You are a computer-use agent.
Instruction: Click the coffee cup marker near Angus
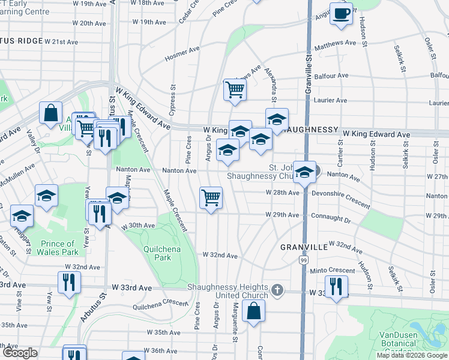(x=342, y=14)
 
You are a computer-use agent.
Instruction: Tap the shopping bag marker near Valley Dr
(x=52, y=112)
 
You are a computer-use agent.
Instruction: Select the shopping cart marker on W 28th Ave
(x=211, y=197)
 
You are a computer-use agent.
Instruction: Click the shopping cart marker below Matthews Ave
(x=235, y=90)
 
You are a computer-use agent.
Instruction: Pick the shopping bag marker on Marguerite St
(x=254, y=311)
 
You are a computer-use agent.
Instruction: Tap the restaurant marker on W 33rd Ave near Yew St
(x=69, y=282)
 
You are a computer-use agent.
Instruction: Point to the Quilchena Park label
(x=157, y=253)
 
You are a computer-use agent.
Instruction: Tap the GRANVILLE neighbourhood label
(x=303, y=247)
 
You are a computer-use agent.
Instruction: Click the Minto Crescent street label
(x=333, y=271)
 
